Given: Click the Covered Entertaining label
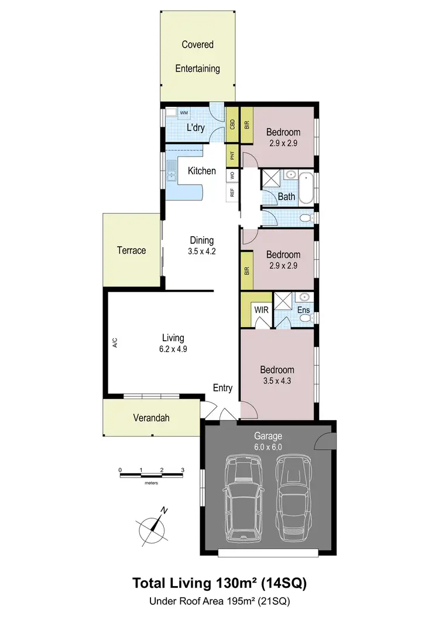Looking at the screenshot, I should (x=197, y=57).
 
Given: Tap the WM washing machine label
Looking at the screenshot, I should (x=184, y=113).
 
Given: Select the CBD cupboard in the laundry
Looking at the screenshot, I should (x=232, y=124).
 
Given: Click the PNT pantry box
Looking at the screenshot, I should (x=232, y=155).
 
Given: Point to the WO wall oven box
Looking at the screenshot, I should (x=232, y=175).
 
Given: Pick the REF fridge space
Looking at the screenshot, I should (x=232, y=192).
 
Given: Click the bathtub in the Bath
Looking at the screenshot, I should (x=306, y=187).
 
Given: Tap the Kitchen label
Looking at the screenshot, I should (x=201, y=171).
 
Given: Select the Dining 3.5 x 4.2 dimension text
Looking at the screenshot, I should (x=201, y=252).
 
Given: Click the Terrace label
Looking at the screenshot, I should (x=131, y=250).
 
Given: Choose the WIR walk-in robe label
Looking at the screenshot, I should (x=261, y=310).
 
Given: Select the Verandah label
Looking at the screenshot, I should (x=150, y=418).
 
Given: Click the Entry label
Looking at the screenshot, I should (x=222, y=388).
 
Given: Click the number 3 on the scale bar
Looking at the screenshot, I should (x=183, y=470).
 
